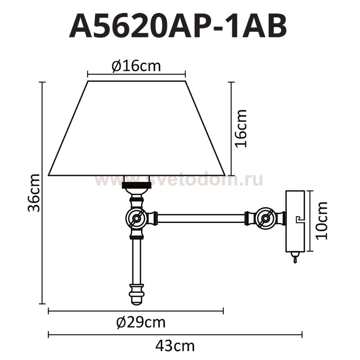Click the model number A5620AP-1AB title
click(178, 26)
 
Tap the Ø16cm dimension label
click(136, 66)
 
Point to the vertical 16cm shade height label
click(240, 129)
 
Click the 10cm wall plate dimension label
click(321, 221)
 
